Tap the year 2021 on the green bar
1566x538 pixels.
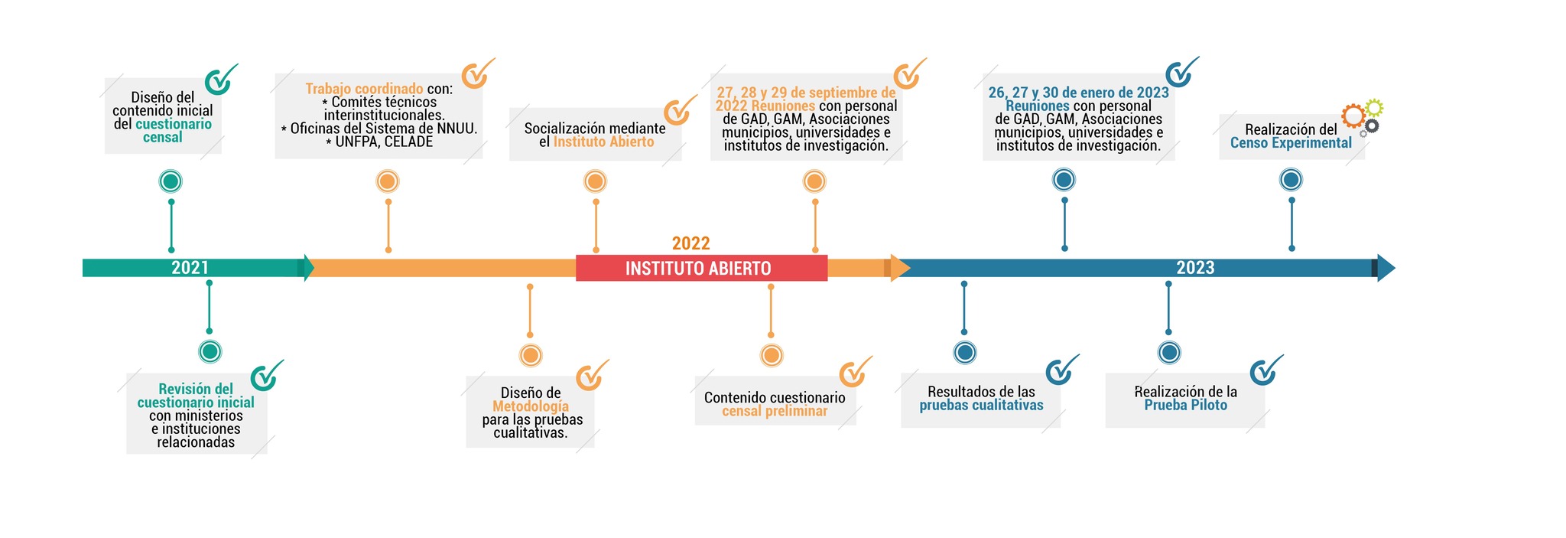point(190,268)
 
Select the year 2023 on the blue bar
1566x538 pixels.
point(1195,268)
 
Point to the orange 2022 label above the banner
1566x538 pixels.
point(690,243)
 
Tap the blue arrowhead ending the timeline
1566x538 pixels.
point(1386,268)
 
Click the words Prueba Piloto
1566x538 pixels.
point(1185,405)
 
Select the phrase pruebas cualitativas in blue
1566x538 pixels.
point(981,406)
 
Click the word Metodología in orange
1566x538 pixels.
point(531,406)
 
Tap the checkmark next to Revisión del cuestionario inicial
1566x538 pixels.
point(266,375)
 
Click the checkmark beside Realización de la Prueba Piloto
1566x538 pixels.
point(1265,370)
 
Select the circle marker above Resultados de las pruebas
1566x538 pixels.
point(965,353)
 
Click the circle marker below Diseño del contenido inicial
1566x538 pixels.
point(171,181)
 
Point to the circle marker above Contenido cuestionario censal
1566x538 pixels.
point(772,355)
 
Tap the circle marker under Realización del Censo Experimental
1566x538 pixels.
point(1291,180)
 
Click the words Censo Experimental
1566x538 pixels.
point(1291,143)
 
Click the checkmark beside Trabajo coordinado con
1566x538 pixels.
point(477,73)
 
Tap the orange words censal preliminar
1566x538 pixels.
point(775,411)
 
